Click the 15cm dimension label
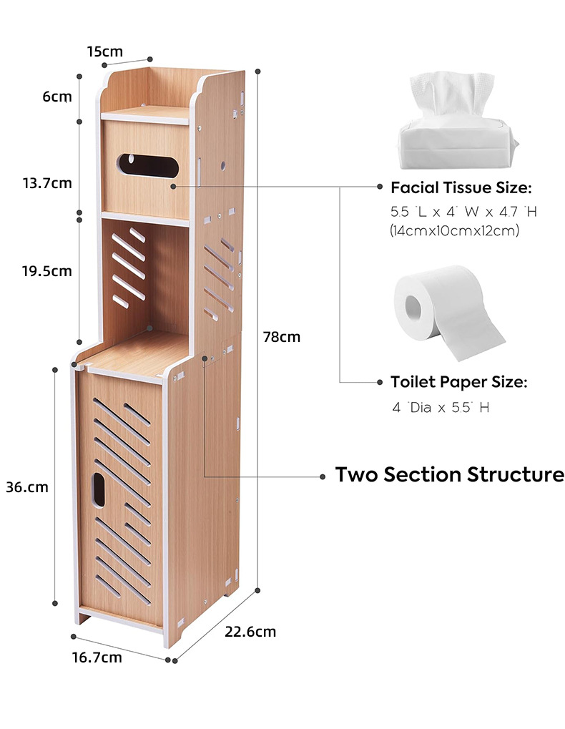tap(105, 52)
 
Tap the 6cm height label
tap(57, 97)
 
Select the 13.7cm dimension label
tap(47, 182)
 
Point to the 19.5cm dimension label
tap(47, 271)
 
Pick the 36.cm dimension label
tap(27, 487)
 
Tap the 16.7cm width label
tap(97, 657)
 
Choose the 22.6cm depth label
tap(250, 632)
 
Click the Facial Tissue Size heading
tap(461, 188)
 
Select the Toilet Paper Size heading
tap(459, 382)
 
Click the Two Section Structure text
tap(450, 475)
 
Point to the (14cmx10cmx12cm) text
tap(455, 231)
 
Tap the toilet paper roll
tap(448, 311)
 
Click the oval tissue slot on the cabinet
tap(147, 164)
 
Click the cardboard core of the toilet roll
tap(414, 307)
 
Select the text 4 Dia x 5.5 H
tap(441, 408)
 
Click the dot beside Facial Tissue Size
tap(380, 187)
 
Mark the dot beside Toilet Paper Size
tap(380, 382)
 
